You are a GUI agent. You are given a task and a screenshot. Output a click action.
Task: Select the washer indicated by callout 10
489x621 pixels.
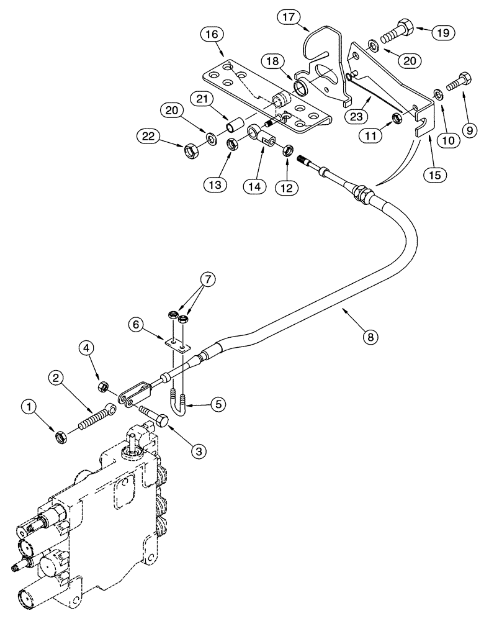(437, 94)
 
